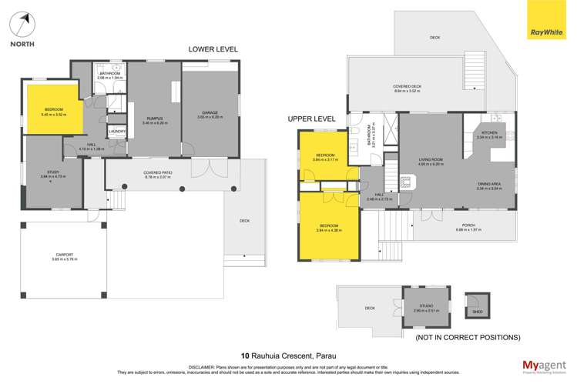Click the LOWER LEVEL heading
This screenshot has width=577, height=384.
(x=213, y=49)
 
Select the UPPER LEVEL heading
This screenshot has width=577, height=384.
(x=312, y=119)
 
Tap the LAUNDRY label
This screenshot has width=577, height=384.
(x=117, y=131)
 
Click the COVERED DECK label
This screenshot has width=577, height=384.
(x=408, y=87)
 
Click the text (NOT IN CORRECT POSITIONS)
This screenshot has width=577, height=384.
(x=467, y=337)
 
